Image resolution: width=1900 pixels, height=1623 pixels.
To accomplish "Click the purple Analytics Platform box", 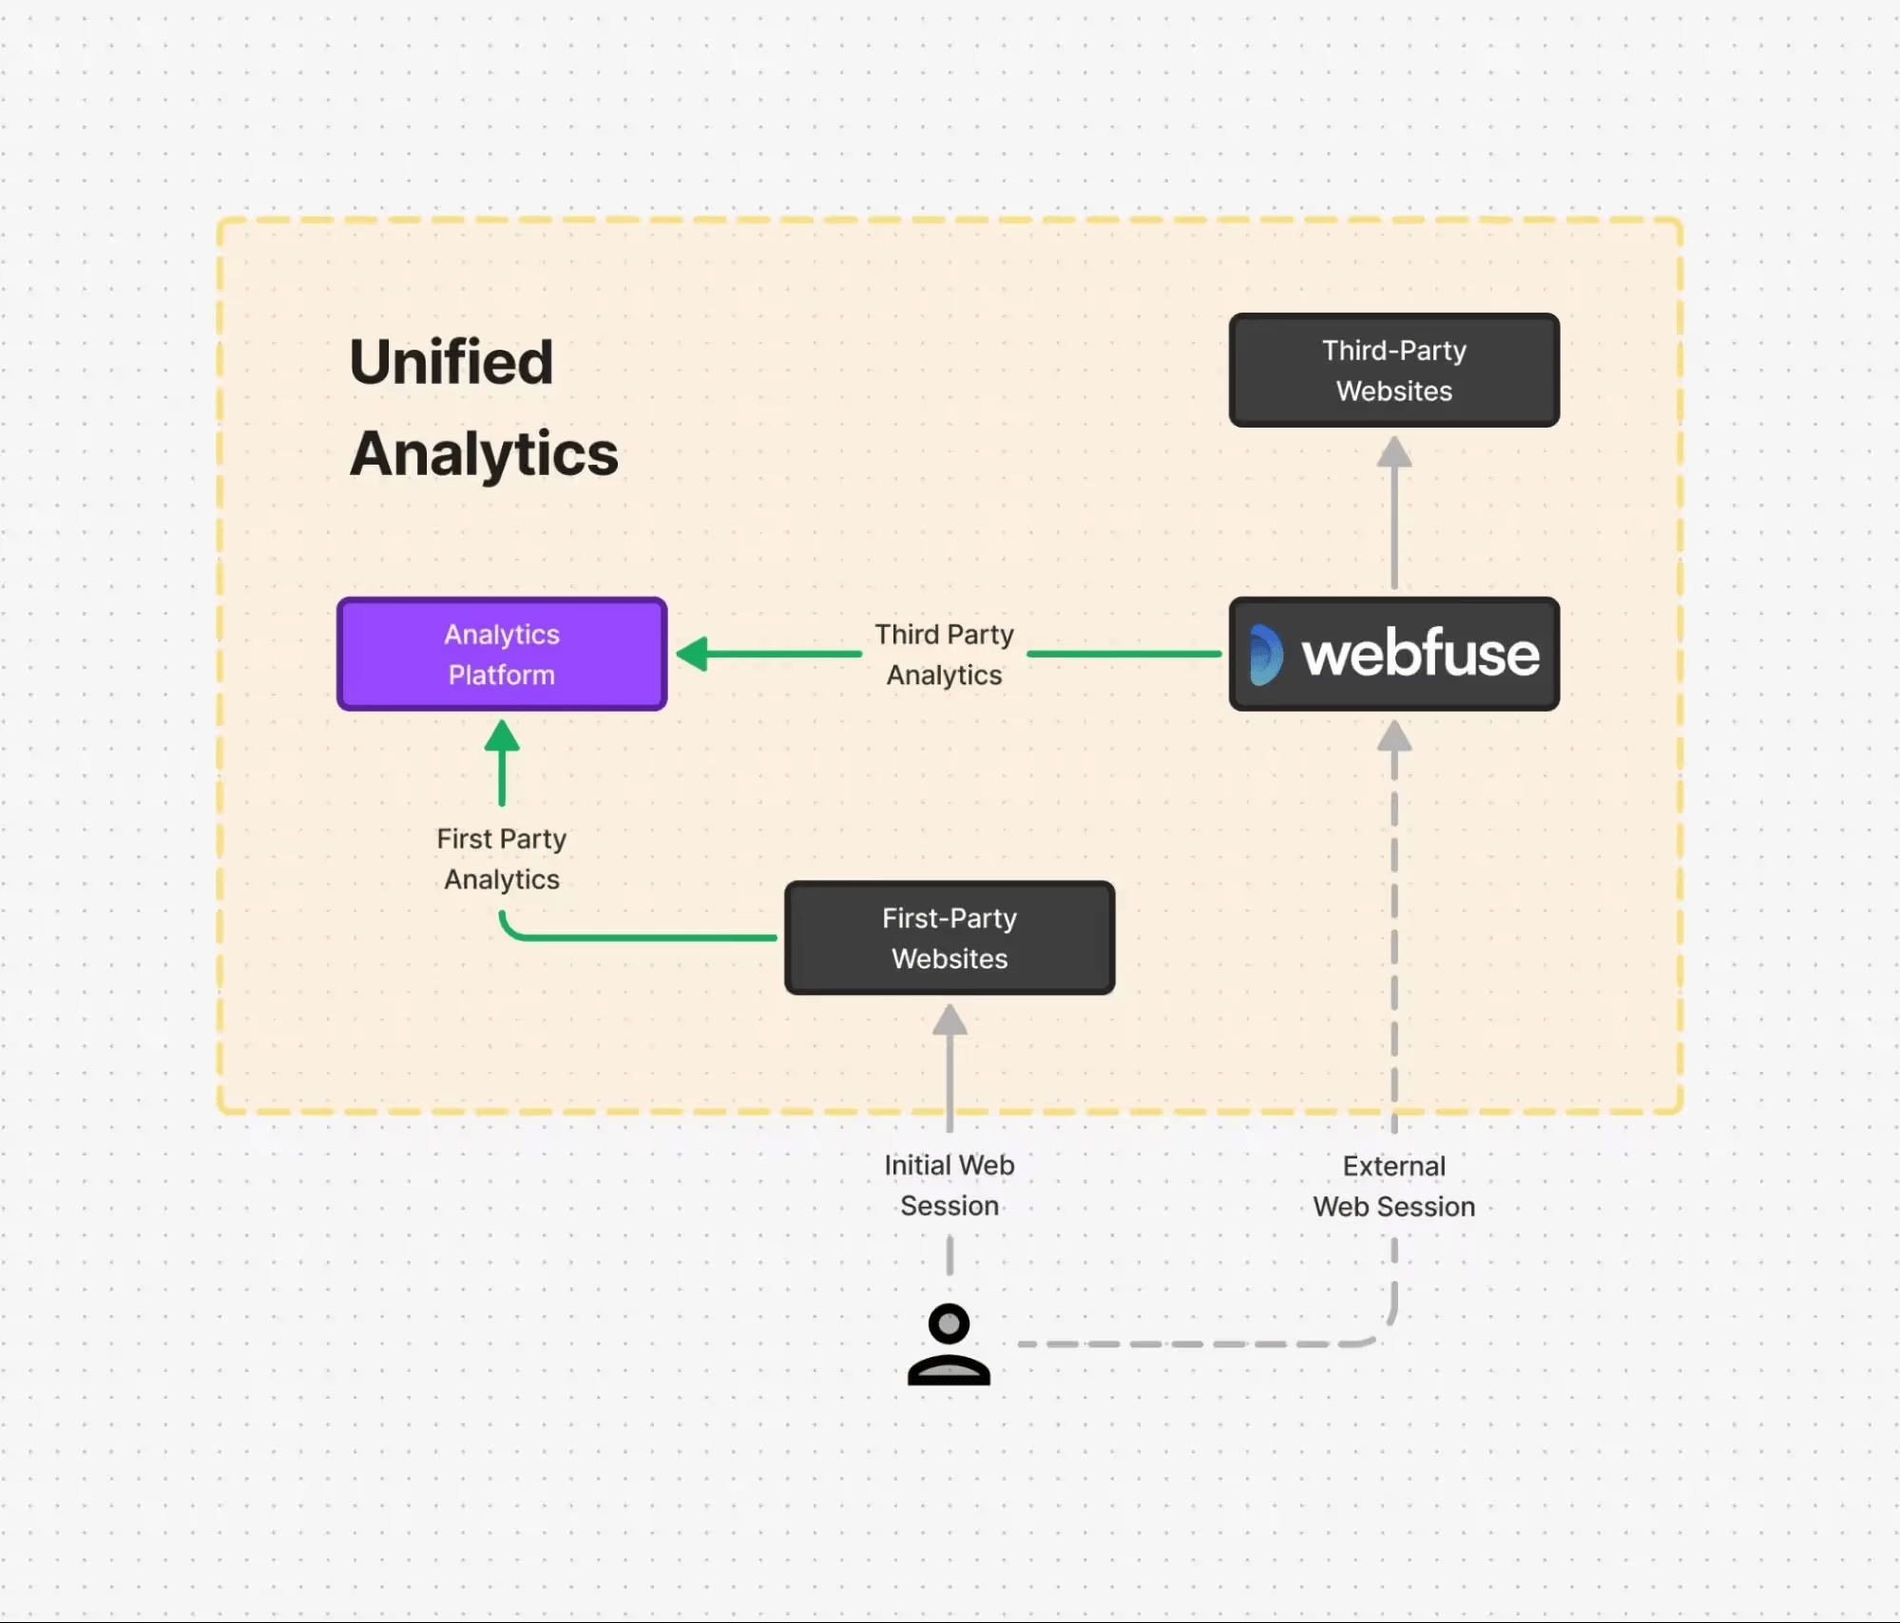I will pos(502,654).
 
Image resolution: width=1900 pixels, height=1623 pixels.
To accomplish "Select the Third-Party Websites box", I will pos(1393,371).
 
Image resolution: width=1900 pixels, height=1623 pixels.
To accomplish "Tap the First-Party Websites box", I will pos(949,938).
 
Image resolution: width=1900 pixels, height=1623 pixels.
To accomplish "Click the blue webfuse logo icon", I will pos(1265,655).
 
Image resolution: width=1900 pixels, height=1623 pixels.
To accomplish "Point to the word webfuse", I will pos(1420,654).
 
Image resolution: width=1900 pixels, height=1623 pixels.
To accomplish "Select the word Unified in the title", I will pos(451,362).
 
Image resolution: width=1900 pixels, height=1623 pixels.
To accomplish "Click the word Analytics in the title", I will pos(484,453).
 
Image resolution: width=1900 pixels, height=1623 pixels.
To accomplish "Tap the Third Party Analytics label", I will pos(944,654).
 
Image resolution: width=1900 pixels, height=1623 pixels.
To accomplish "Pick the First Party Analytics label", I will pos(501,858).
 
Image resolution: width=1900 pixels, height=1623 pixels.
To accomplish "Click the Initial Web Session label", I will pos(949,1185).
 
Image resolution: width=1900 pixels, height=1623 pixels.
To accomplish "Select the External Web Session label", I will pos(1393,1186).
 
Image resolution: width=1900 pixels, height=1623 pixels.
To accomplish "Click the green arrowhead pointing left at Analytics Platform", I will pos(693,654).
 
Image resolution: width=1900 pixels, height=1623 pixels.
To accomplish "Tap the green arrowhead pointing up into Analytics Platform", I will pos(502,736).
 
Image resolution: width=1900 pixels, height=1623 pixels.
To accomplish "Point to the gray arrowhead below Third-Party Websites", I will pos(1394,452).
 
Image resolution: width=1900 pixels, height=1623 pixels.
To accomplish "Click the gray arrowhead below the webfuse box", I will pos(1394,736).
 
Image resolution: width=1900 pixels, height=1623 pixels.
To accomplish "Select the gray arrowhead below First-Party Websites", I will pos(950,1021).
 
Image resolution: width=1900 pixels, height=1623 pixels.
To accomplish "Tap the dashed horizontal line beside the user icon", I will pos(1188,1344).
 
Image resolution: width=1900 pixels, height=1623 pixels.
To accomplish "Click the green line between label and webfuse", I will pos(1123,654).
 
